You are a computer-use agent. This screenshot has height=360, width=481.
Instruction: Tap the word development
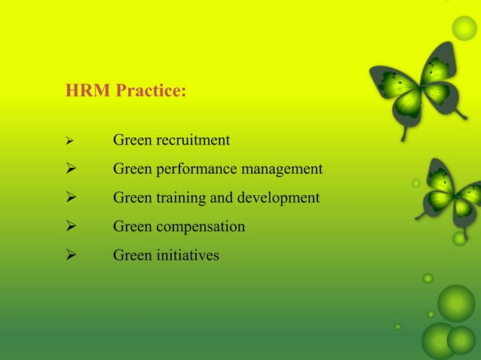[x=280, y=198]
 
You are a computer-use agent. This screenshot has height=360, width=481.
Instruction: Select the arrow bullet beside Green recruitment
[x=68, y=141]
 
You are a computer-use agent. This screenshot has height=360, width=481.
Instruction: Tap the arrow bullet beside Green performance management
[x=69, y=169]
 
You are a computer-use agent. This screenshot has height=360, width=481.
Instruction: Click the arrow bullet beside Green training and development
[x=69, y=198]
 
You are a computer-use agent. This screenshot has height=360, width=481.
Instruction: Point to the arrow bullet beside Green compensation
[x=69, y=227]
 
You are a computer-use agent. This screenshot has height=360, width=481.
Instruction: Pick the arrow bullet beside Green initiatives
[x=69, y=255]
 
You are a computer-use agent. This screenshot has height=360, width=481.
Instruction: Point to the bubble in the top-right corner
[x=464, y=29]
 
